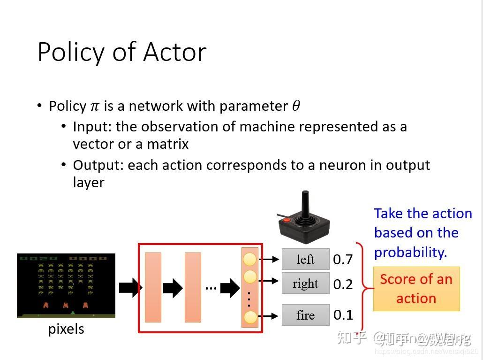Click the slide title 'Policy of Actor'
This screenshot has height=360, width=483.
tap(121, 52)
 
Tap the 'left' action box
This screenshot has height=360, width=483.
tap(305, 260)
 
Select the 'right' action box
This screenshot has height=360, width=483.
tap(305, 283)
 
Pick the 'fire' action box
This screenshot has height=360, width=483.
tap(305, 315)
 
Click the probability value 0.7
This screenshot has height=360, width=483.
tap(343, 260)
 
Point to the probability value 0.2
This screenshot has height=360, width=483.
tap(343, 284)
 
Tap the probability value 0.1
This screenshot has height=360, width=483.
tap(343, 315)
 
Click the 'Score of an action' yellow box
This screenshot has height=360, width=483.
tap(416, 289)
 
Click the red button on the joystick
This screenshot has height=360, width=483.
tap(287, 220)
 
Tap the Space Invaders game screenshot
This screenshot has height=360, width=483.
tap(66, 286)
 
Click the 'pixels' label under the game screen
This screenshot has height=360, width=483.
tap(66, 329)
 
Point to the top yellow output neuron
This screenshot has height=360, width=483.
tap(250, 259)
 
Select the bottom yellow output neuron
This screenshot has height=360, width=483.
tap(250, 317)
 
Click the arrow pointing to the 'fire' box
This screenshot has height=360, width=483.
tap(269, 316)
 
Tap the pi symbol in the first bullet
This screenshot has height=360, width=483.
tap(95, 107)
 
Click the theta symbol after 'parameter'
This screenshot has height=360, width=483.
tap(296, 106)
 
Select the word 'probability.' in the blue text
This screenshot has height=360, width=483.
tap(410, 253)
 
